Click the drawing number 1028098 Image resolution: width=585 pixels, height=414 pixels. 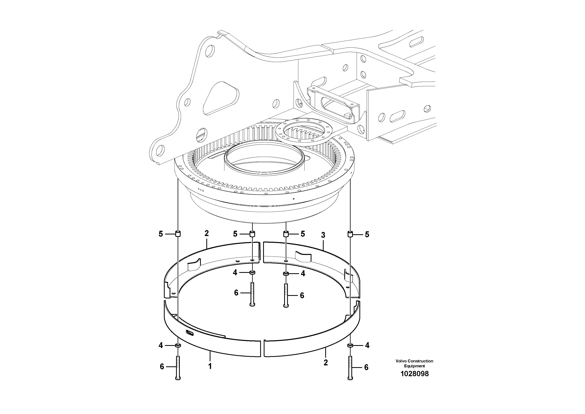coord(414,374)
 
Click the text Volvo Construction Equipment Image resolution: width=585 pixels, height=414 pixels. coord(414,363)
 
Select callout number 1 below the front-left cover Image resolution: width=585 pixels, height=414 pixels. coord(210,366)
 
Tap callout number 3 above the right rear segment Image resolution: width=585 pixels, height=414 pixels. coord(323,235)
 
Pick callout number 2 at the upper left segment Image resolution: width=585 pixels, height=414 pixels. coord(207,233)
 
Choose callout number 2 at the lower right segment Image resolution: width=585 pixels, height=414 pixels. coord(326,362)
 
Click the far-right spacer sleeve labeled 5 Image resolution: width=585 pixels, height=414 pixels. coord(350,234)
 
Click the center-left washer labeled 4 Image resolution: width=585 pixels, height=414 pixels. coord(252,273)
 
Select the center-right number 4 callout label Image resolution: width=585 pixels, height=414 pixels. coord(303,274)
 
